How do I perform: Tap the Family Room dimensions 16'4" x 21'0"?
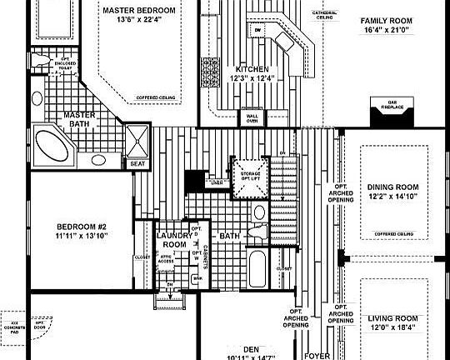tap(386, 30)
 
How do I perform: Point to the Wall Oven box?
tap(251, 117)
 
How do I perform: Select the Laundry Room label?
tap(174, 240)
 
